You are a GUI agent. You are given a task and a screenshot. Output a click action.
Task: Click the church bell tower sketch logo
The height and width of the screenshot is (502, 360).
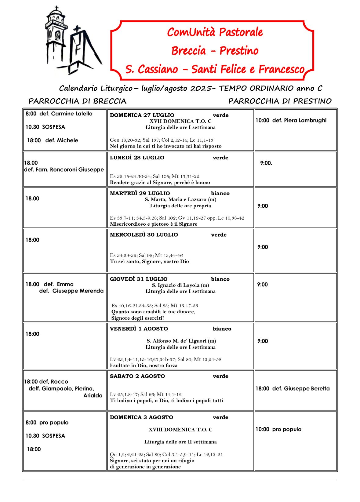(72, 41)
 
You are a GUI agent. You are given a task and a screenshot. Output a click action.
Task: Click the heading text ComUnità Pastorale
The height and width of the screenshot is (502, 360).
(215, 32)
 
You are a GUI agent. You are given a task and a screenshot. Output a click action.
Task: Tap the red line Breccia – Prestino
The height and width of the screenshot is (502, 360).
(215, 51)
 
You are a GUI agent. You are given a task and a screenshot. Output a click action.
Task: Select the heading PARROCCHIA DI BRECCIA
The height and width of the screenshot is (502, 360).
(77, 101)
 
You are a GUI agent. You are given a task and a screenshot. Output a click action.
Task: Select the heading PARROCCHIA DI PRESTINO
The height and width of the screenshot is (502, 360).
(280, 101)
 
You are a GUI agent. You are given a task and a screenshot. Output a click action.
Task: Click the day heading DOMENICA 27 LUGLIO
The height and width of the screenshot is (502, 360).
(142, 115)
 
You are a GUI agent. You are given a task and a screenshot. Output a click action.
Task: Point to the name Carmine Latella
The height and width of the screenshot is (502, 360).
(72, 114)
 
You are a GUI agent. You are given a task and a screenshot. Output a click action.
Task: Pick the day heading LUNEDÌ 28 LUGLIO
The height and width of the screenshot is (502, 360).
(137, 158)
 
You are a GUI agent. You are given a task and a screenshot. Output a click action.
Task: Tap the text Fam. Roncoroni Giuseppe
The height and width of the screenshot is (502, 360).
(70, 169)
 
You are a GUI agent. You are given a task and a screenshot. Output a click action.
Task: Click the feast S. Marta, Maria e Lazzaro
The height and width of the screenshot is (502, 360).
(180, 199)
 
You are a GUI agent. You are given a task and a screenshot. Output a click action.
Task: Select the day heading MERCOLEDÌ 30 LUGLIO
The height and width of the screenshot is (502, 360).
(144, 235)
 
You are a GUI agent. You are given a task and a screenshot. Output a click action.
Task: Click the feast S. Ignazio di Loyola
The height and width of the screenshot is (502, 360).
(180, 285)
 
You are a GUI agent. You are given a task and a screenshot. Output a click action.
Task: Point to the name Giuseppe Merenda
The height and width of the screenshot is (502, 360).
(78, 291)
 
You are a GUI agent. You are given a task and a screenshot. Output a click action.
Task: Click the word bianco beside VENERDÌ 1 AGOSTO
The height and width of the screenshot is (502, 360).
(222, 329)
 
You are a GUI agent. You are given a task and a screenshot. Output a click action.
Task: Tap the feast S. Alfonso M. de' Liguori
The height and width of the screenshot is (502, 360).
(181, 341)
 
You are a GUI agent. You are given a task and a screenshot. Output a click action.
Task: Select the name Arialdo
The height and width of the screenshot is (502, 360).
(93, 395)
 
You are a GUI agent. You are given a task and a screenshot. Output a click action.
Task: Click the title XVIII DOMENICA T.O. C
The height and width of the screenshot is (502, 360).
(180, 430)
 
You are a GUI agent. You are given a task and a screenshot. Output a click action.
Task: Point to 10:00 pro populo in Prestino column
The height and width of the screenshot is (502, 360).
(278, 429)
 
